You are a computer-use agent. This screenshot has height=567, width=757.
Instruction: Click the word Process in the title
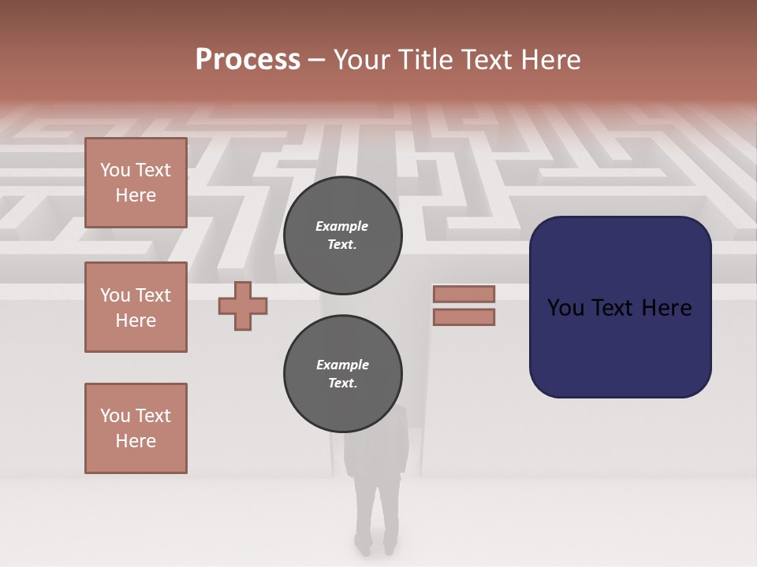click(x=248, y=60)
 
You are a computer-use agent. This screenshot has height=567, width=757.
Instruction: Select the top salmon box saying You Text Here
click(x=136, y=183)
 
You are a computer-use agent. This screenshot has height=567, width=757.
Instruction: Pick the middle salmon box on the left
click(x=136, y=307)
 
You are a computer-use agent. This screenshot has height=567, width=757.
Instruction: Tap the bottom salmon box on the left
click(x=136, y=428)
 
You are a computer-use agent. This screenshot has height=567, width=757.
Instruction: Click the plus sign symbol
click(x=243, y=306)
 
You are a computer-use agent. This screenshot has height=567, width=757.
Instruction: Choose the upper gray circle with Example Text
click(x=342, y=235)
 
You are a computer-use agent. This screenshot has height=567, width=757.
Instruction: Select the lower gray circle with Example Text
click(x=342, y=373)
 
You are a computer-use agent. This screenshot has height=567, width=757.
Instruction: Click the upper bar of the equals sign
click(x=464, y=295)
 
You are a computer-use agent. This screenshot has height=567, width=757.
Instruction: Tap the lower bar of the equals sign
click(x=464, y=317)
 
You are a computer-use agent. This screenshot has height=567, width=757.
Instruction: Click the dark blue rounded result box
click(x=620, y=346)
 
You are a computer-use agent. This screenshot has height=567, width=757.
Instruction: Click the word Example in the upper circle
click(x=342, y=226)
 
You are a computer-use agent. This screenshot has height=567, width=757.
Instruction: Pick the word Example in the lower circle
click(x=342, y=365)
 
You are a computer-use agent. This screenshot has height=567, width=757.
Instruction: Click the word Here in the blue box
click(x=666, y=307)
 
